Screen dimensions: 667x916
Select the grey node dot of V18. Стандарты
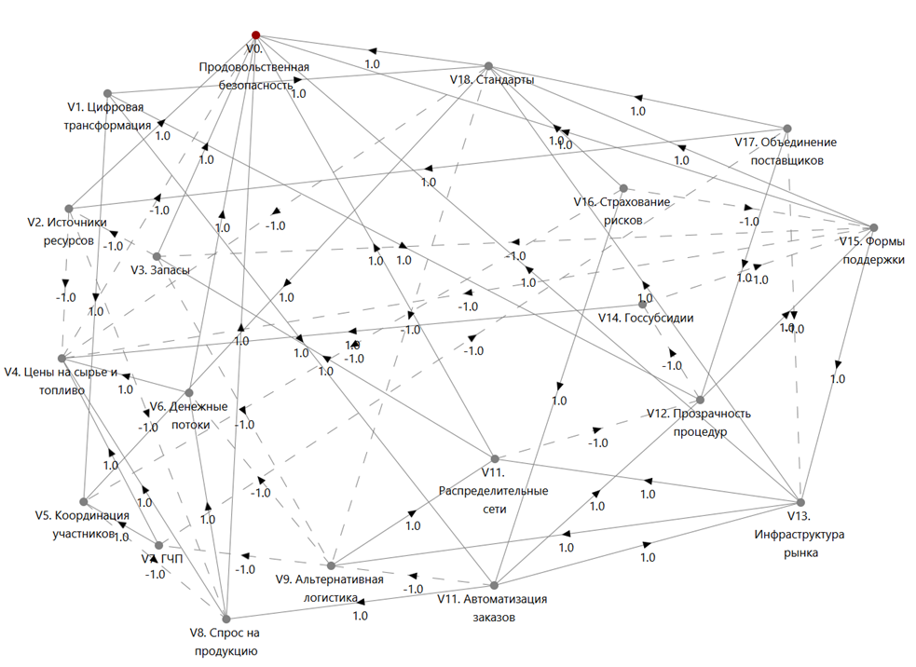pyautogui.click(x=487, y=66)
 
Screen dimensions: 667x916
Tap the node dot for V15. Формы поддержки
pyautogui.click(x=873, y=227)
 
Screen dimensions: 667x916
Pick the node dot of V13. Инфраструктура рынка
pyautogui.click(x=800, y=502)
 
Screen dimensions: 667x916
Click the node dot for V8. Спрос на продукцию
pyautogui.click(x=225, y=617)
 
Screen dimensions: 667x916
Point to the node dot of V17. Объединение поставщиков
pyautogui.click(x=787, y=128)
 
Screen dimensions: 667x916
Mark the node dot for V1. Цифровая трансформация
pyautogui.click(x=108, y=93)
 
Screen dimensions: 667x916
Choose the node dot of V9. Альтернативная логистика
pyautogui.click(x=331, y=565)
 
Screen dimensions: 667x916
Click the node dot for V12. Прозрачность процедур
pyautogui.click(x=700, y=400)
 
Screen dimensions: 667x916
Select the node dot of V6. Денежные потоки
pyautogui.click(x=188, y=392)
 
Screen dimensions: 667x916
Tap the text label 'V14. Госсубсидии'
pyautogui.click(x=645, y=318)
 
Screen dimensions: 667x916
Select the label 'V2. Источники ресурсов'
pyautogui.click(x=61, y=231)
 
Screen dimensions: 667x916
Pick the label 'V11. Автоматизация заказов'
pyautogui.click(x=491, y=607)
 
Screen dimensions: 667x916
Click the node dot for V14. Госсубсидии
pyautogui.click(x=642, y=304)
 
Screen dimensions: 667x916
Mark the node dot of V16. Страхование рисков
pyautogui.click(x=623, y=187)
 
